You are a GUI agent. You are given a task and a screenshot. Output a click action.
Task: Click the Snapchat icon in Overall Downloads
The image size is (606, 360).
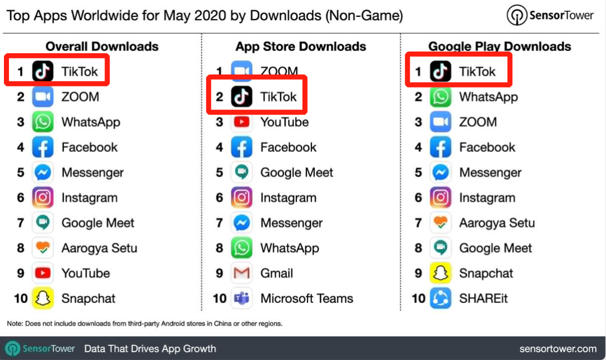coord(43,298)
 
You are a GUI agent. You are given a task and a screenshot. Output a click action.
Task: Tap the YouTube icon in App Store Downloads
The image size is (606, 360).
coord(242,122)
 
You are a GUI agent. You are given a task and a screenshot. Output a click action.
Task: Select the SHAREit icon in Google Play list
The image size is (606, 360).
coord(440,298)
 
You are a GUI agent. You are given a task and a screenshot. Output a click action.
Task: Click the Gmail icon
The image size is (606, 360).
coord(242,273)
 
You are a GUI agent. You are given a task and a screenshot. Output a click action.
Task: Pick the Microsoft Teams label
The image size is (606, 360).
coord(306,298)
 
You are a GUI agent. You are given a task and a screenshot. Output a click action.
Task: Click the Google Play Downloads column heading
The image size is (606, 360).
coord(500,47)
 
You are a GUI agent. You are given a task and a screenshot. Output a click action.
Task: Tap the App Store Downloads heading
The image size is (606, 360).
coord(301,47)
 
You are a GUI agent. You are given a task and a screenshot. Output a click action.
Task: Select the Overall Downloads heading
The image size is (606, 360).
coord(102,47)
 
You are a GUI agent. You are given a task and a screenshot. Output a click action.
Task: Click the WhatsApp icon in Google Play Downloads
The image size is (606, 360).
coord(440,97)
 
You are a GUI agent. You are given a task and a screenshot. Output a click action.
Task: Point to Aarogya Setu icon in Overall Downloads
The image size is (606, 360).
coord(43,248)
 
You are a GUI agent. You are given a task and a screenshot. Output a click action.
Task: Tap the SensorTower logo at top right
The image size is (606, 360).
coord(550,16)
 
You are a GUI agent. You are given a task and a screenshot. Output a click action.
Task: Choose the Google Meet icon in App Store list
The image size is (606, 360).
coord(242,173)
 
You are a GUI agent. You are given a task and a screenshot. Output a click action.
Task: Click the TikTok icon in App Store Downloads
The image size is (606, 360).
coord(242,97)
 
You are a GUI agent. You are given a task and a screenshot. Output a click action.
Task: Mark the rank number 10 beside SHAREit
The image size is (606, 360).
coord(419,298)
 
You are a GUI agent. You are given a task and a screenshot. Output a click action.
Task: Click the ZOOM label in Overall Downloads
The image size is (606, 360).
coord(80,97)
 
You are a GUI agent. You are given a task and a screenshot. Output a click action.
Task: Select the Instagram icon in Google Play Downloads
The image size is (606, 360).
coord(440,197)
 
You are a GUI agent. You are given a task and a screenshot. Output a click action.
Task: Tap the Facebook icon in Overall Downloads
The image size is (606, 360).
coord(43,147)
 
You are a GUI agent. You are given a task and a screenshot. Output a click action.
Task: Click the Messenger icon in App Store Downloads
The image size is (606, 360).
coord(242,223)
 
